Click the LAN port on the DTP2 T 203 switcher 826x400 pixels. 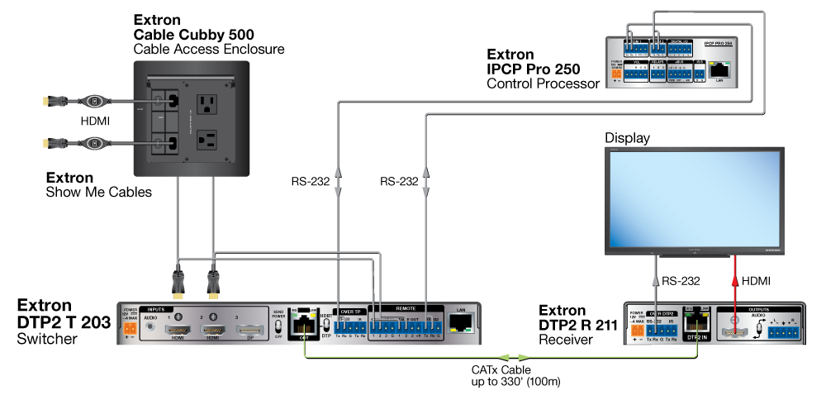[x=461, y=324]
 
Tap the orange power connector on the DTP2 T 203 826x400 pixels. [x=128, y=329]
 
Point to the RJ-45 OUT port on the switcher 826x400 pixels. [x=306, y=325]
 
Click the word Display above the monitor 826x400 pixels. [x=627, y=137]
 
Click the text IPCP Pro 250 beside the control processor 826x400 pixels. [x=533, y=69]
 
